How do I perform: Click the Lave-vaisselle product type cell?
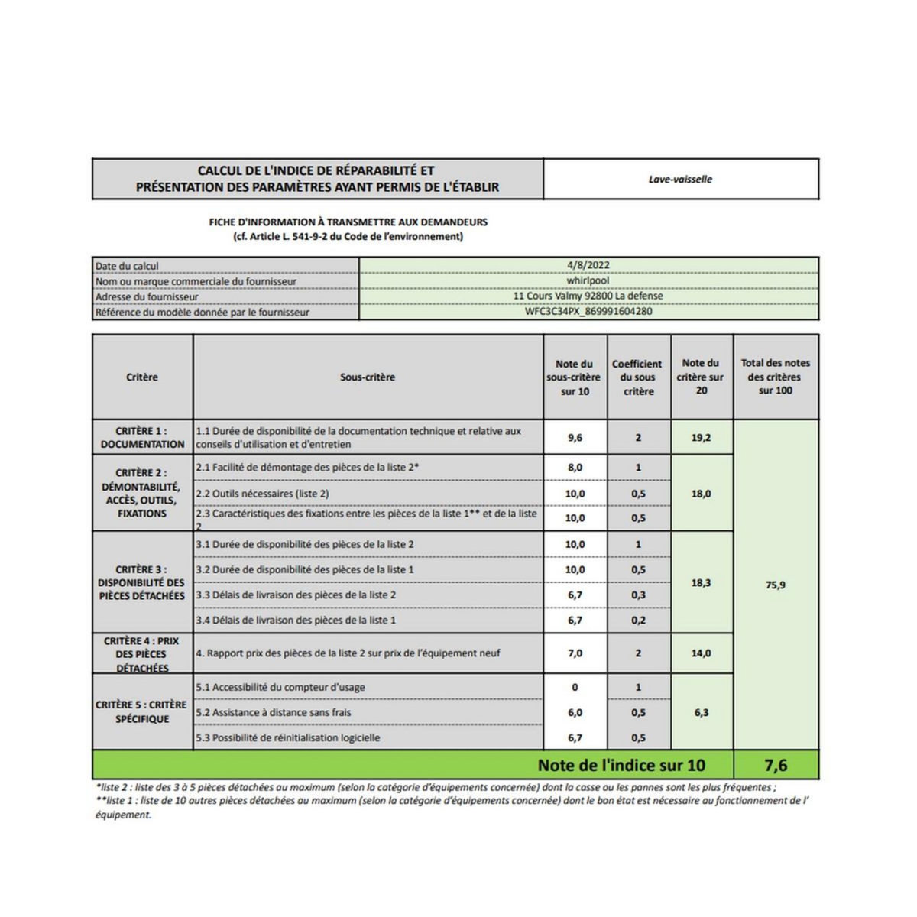point(680,180)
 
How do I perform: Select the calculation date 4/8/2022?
point(588,266)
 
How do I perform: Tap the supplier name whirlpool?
point(588,280)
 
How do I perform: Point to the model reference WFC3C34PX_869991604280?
point(588,312)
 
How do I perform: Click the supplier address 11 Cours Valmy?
point(588,296)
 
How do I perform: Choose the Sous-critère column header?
point(368,377)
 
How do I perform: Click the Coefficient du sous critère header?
point(637,377)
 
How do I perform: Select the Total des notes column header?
point(775,377)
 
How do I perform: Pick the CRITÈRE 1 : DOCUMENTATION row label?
point(142,437)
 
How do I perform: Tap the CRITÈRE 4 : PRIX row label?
point(142,654)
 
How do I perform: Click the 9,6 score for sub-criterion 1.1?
point(575,438)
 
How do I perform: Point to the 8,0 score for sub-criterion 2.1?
point(575,468)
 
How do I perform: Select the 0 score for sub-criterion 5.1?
point(575,687)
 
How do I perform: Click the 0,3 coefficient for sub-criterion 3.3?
point(638,595)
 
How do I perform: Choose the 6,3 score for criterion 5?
point(701,712)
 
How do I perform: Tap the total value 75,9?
point(775,585)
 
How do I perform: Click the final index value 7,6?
point(775,765)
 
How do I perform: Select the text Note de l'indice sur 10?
point(621,765)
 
